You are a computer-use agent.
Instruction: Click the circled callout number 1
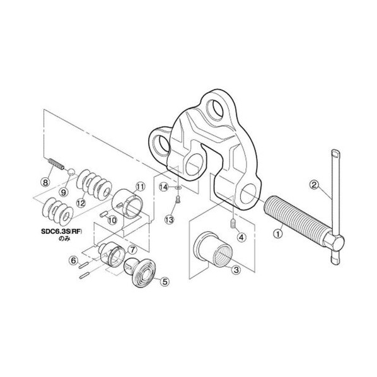pyautogui.click(x=278, y=233)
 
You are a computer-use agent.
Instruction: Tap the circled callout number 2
pyautogui.click(x=314, y=185)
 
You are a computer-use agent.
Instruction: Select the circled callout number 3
pyautogui.click(x=236, y=270)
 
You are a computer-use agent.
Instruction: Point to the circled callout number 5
pyautogui.click(x=165, y=282)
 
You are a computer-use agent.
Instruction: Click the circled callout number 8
pyautogui.click(x=45, y=182)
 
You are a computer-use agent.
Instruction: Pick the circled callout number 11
pyautogui.click(x=141, y=187)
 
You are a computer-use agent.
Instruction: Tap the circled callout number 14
pyautogui.click(x=164, y=187)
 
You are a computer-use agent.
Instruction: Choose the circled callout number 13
pyautogui.click(x=170, y=219)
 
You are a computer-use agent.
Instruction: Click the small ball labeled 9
pyautogui.click(x=71, y=172)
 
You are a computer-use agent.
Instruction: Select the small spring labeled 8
pyautogui.click(x=56, y=164)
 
